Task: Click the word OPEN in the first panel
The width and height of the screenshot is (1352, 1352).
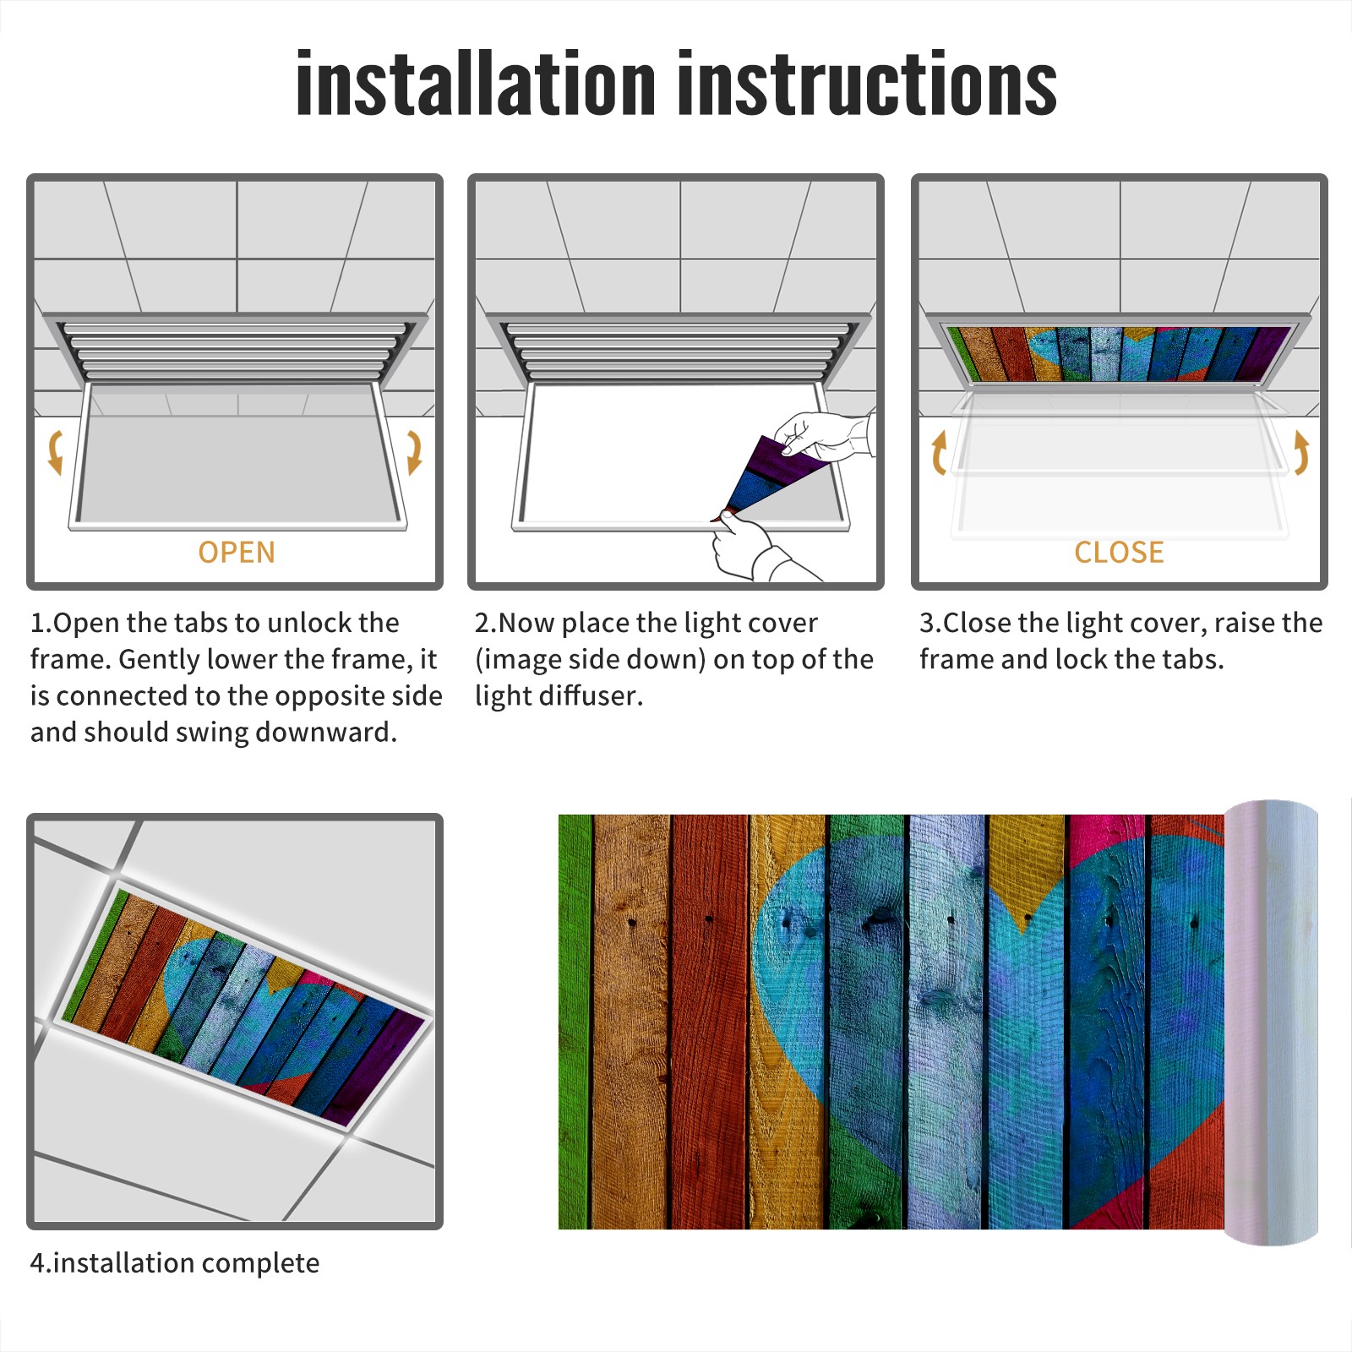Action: point(237,553)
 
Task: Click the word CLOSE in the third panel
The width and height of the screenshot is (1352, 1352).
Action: point(1119,553)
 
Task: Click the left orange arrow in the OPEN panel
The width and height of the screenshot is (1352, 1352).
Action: point(56,452)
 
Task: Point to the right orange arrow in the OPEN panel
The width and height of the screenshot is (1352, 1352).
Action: point(414,452)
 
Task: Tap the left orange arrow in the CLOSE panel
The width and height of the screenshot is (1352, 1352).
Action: point(939,452)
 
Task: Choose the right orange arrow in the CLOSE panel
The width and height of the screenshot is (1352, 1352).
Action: point(1301,452)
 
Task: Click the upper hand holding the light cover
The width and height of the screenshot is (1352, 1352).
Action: point(824,436)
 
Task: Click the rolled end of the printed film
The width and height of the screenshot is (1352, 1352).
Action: point(1271,1022)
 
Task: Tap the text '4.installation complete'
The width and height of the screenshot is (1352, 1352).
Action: point(175,1263)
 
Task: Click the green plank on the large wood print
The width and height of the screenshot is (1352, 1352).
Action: point(575,1022)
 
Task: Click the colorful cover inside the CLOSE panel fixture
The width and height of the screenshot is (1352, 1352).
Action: point(1119,353)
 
